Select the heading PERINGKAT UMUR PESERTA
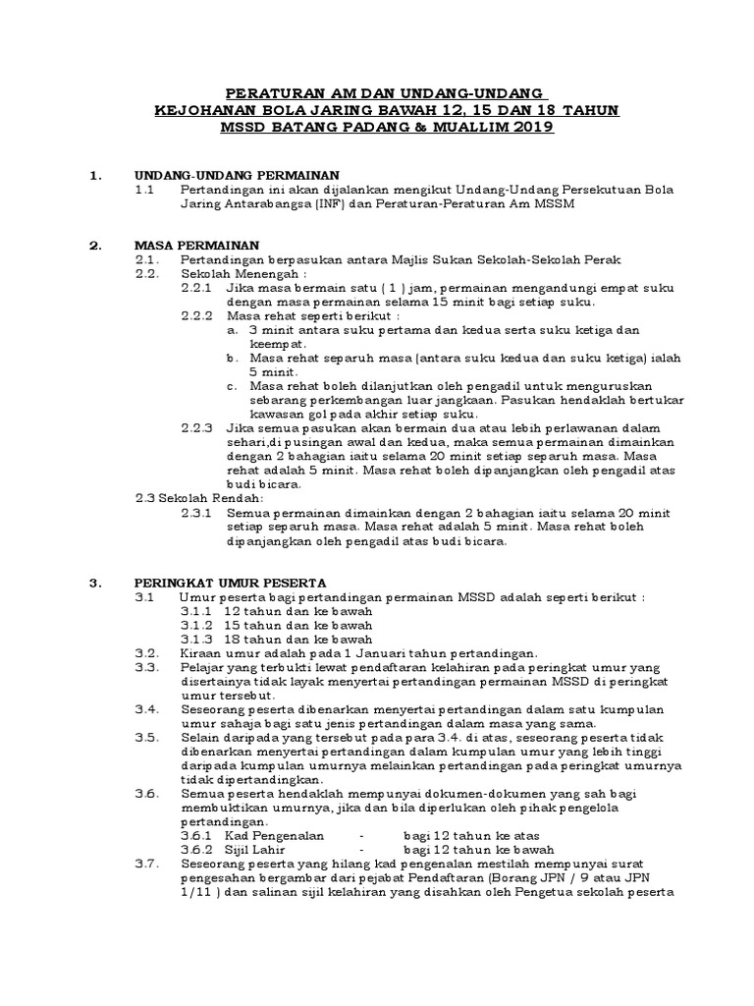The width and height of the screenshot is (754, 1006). (231, 582)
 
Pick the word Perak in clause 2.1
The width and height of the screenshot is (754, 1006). (599, 258)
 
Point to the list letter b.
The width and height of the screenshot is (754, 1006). (231, 358)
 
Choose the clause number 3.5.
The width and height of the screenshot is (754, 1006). (147, 737)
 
